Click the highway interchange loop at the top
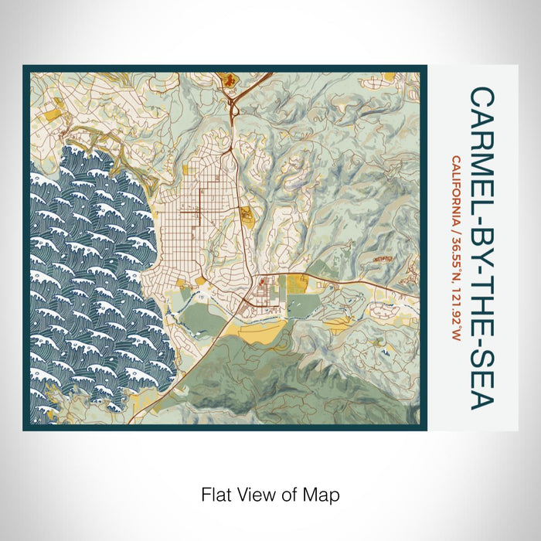tap(233, 108)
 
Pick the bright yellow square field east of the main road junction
tap(298, 285)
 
